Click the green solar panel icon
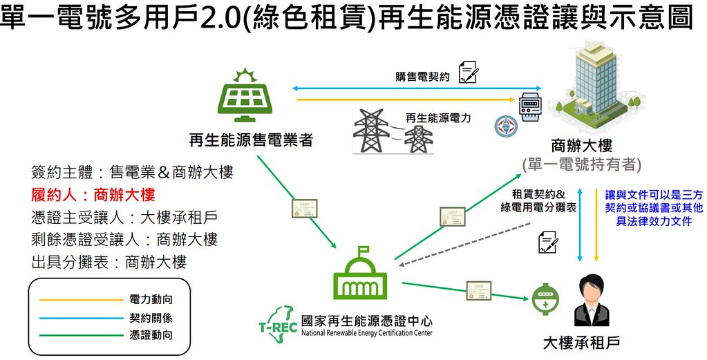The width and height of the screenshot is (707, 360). click(245, 95)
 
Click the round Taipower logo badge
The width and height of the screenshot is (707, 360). click(506, 126)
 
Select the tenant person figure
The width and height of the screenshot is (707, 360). click(592, 300)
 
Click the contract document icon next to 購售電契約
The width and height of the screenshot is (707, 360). click(469, 72)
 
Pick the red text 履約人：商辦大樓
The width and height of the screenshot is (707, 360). click(93, 195)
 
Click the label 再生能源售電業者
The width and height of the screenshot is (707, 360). click(251, 140)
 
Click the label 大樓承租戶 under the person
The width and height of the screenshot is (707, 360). click(581, 343)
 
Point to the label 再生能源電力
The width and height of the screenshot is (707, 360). click(438, 118)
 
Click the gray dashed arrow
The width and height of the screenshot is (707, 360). click(464, 245)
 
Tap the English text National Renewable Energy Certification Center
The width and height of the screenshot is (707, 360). click(366, 334)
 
